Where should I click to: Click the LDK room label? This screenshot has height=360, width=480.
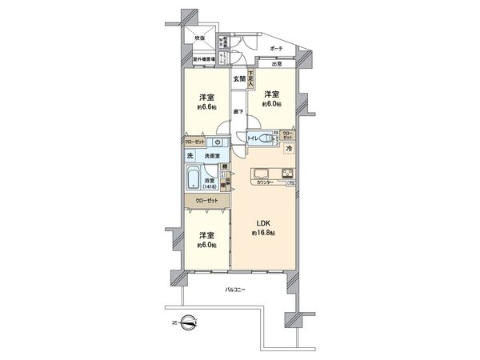pyautogui.click(x=262, y=222)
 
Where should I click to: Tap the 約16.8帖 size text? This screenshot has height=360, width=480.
pyautogui.click(x=262, y=232)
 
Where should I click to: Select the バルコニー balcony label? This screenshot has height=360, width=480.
pyautogui.click(x=234, y=289)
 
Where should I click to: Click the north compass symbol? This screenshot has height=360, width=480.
pyautogui.click(x=185, y=323)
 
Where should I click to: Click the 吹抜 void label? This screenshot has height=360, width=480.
pyautogui.click(x=200, y=38)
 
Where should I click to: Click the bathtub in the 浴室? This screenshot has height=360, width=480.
pyautogui.click(x=194, y=178)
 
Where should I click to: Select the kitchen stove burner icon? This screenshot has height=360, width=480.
pyautogui.click(x=286, y=173)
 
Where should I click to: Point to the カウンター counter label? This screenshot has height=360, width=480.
pyautogui.click(x=266, y=183)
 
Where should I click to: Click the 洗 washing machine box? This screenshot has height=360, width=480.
pyautogui.click(x=190, y=154)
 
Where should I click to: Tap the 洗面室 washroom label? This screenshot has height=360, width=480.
pyautogui.click(x=211, y=155)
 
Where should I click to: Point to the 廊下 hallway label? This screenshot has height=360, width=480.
pyautogui.click(x=238, y=110)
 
